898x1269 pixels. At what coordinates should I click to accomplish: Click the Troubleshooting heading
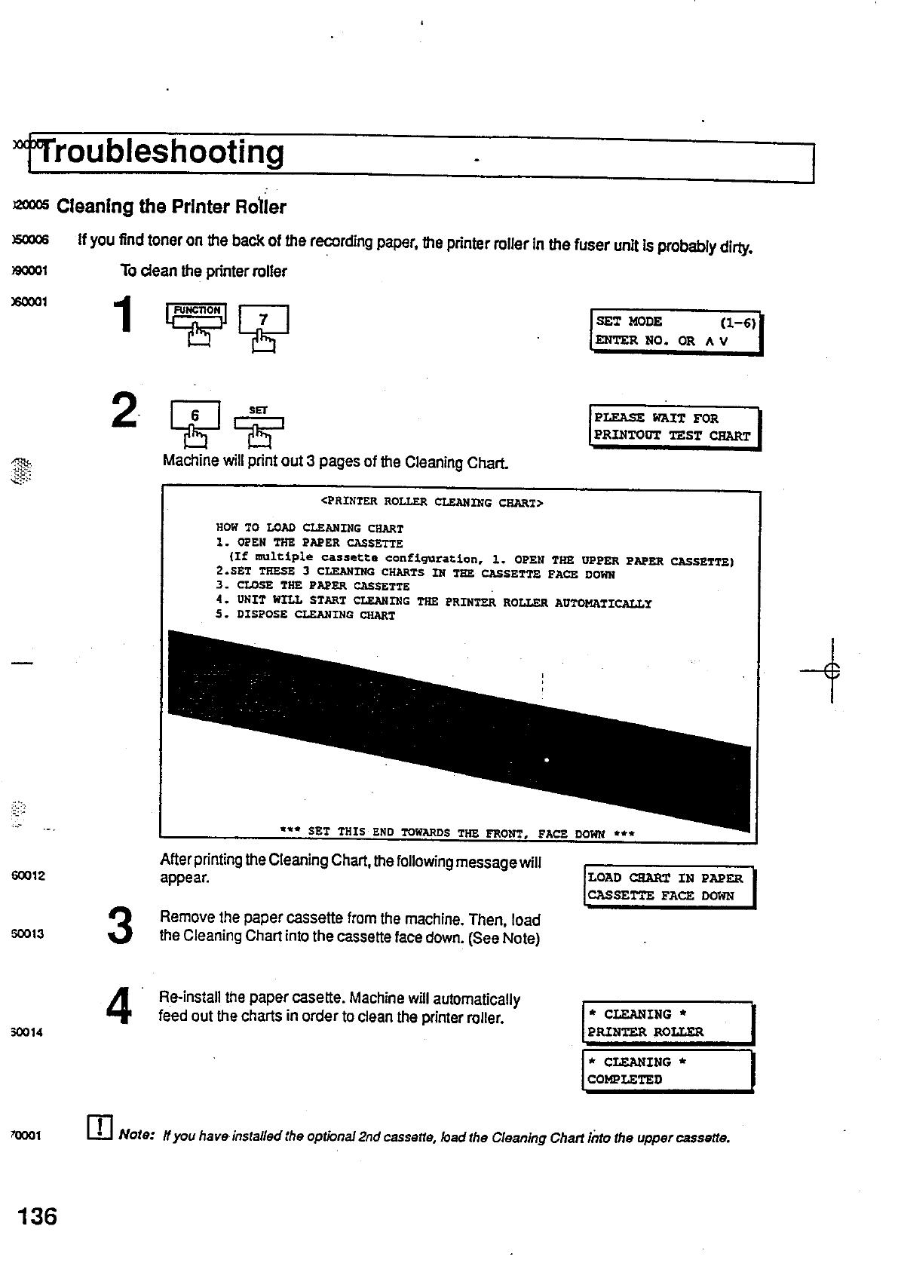click(162, 152)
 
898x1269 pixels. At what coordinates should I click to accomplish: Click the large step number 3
click(121, 927)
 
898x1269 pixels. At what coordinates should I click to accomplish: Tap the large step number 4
click(119, 1007)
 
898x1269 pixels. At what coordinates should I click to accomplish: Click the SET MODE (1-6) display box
click(676, 331)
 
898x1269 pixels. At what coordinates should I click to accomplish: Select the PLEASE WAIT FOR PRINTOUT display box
click(674, 427)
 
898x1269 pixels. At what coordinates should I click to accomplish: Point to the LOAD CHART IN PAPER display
click(669, 887)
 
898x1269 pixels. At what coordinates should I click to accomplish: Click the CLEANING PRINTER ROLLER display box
click(667, 1022)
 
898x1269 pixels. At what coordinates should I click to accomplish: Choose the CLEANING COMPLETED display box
click(667, 1071)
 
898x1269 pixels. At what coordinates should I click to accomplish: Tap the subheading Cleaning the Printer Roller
click(171, 207)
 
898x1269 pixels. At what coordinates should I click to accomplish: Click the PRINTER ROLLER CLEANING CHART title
click(432, 502)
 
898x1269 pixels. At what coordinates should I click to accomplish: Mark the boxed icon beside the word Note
click(100, 1126)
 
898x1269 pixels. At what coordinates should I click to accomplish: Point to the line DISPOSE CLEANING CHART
click(305, 615)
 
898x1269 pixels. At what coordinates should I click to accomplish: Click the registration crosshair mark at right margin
click(832, 670)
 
